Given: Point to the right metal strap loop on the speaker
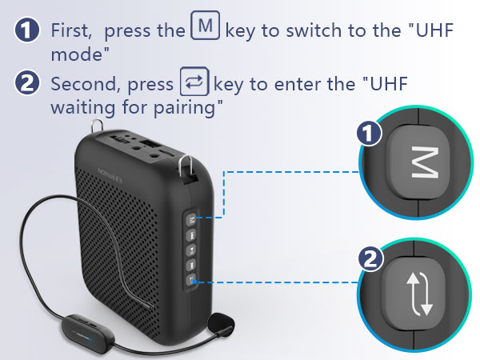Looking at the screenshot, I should click(x=187, y=165).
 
